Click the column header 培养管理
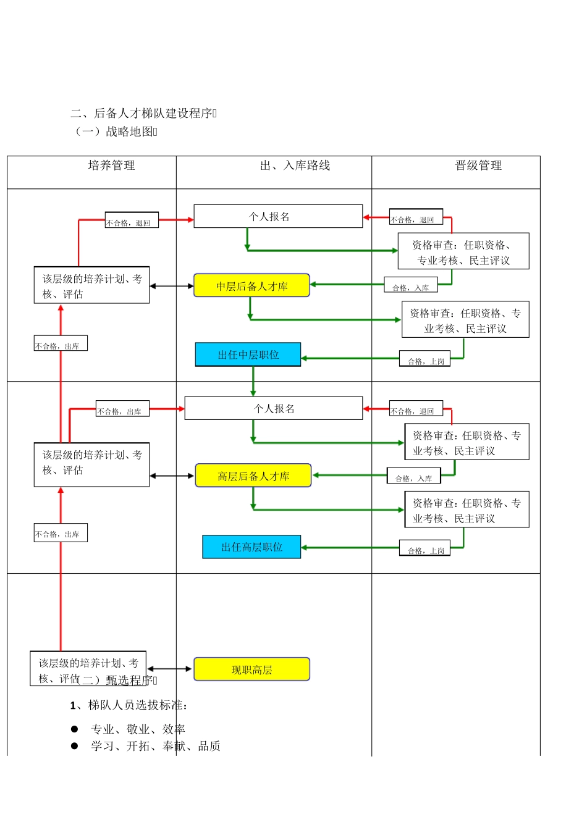[111, 166]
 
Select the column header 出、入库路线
[295, 166]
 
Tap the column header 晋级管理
[478, 166]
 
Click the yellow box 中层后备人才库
[251, 286]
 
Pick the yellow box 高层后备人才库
[253, 476]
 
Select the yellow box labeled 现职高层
[251, 669]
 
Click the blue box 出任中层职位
[248, 355]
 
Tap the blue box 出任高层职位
[251, 547]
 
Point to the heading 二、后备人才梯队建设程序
[143, 113]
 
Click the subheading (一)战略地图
[116, 132]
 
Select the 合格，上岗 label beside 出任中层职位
[425, 361]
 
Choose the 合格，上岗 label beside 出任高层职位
[425, 550]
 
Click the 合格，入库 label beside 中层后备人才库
[410, 287]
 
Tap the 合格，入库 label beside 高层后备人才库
[413, 477]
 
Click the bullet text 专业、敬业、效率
[138, 729]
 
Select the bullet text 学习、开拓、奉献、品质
[155, 746]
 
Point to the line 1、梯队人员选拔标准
[129, 705]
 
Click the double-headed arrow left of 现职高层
[170, 669]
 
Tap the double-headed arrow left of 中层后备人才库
[172, 286]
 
